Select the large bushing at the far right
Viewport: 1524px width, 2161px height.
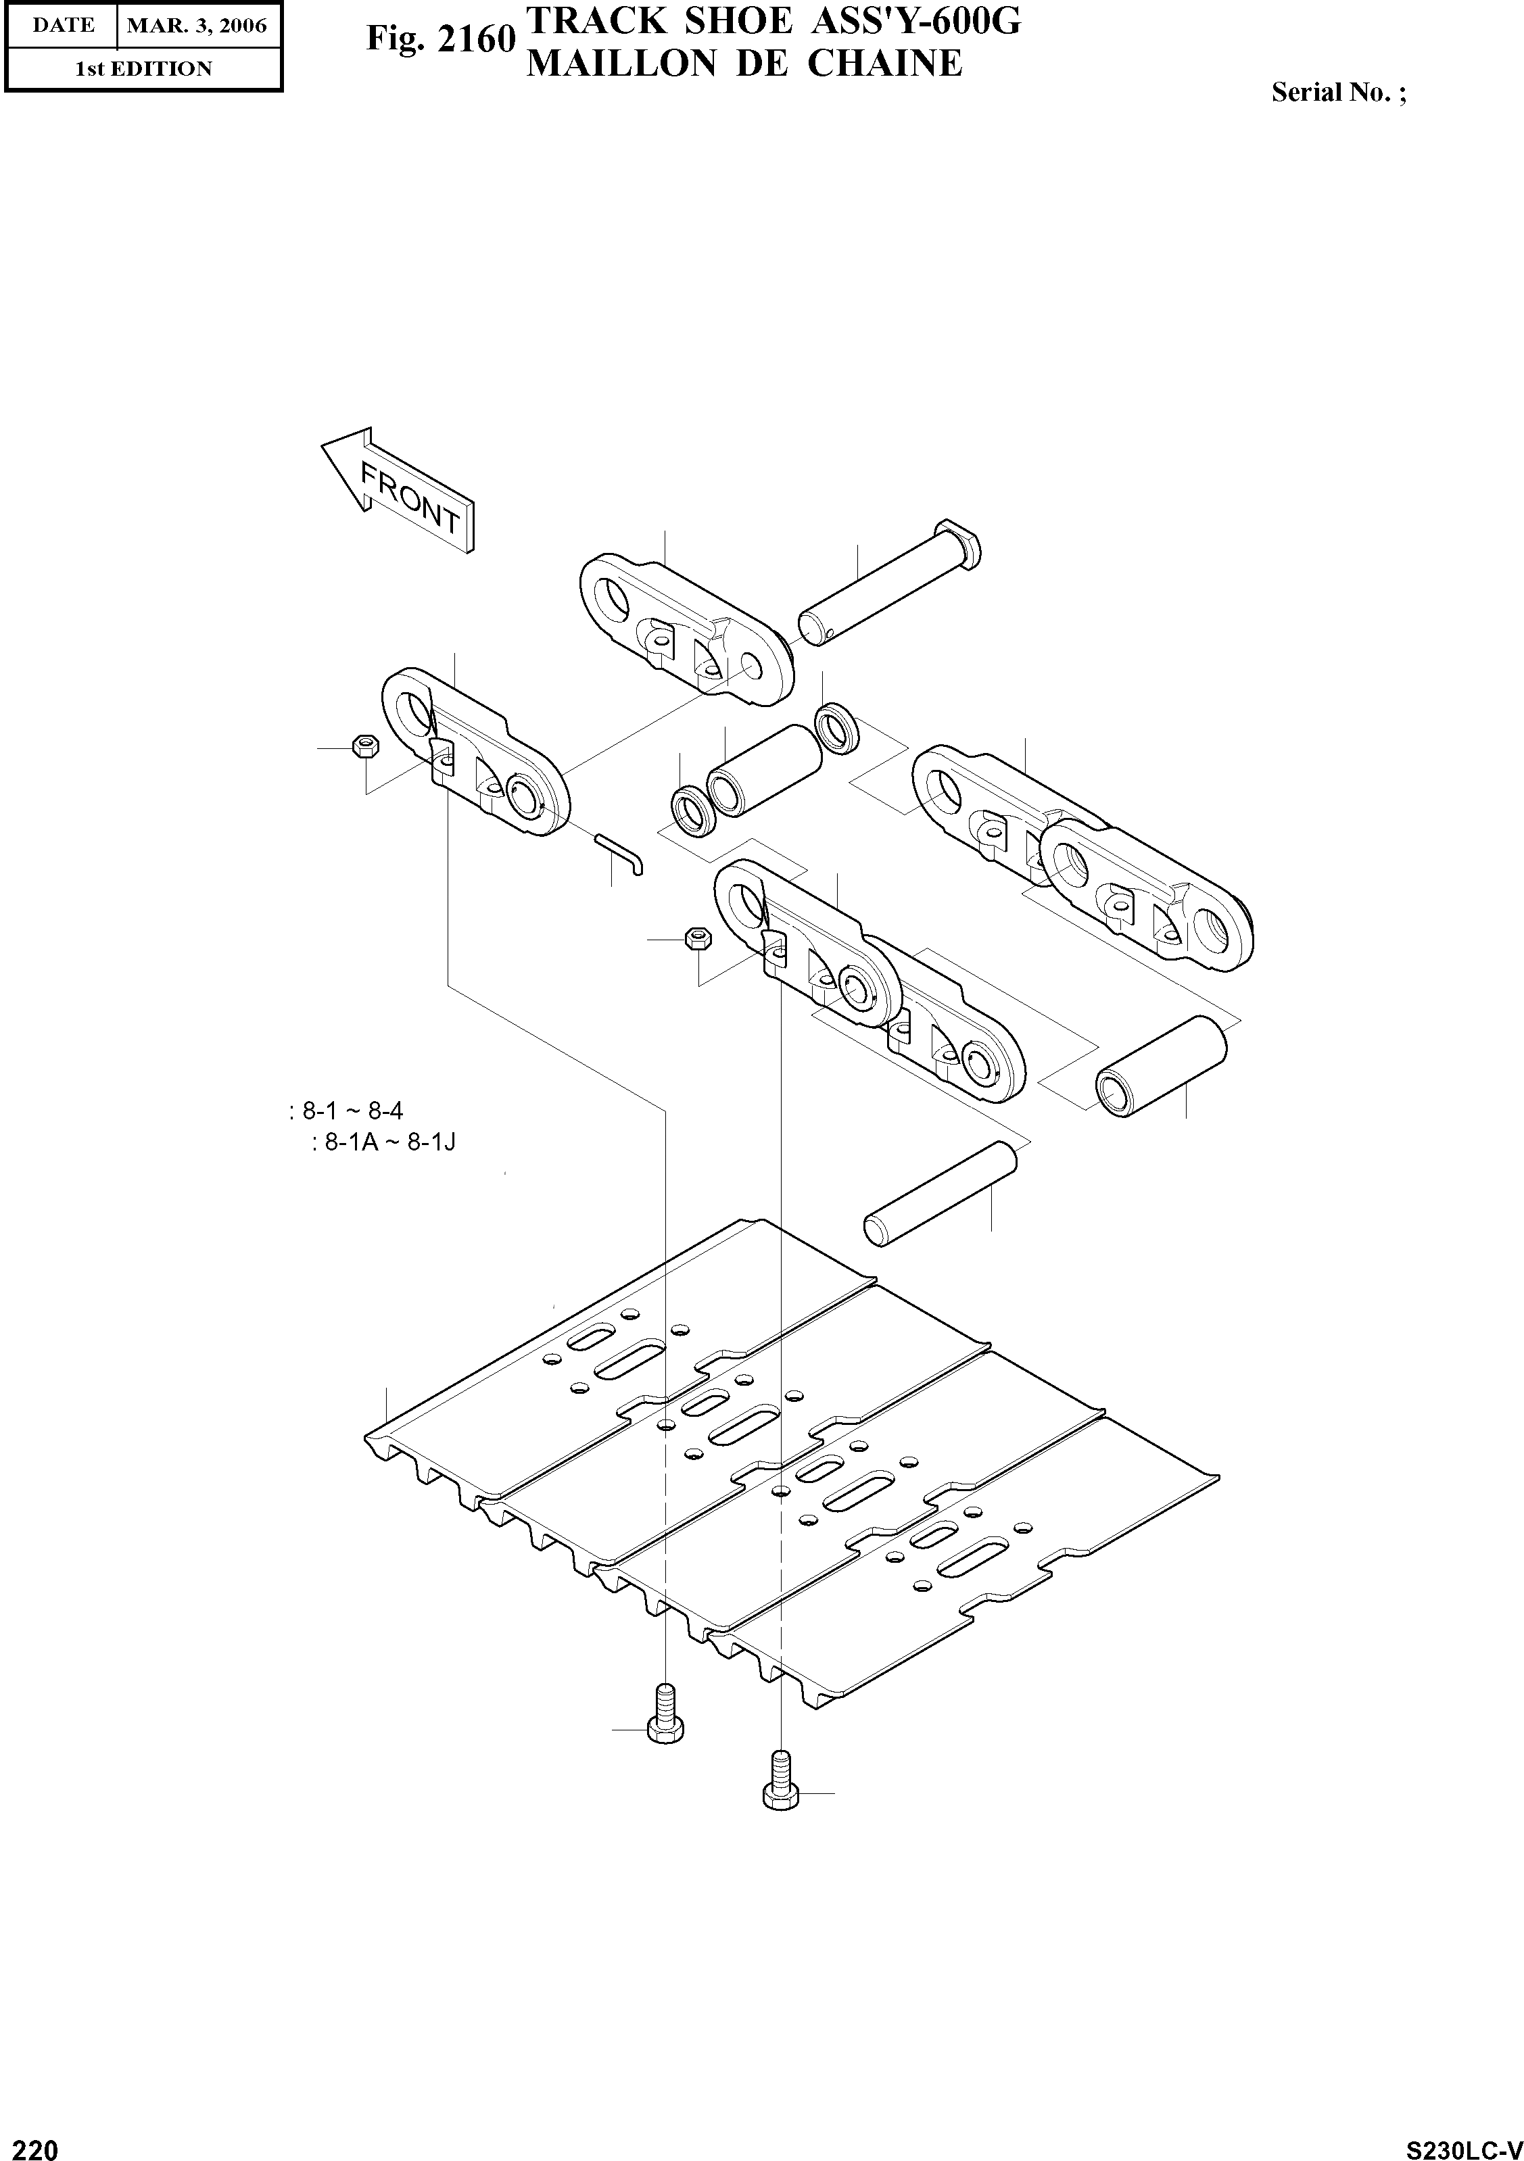tap(1161, 1067)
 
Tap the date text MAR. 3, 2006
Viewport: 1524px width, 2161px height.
tap(197, 26)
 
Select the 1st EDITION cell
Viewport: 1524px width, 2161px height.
tap(143, 69)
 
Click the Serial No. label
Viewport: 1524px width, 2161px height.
tap(1339, 92)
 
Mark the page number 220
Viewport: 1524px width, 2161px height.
tap(30, 2143)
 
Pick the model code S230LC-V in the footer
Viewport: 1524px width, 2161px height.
tap(1464, 2144)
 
